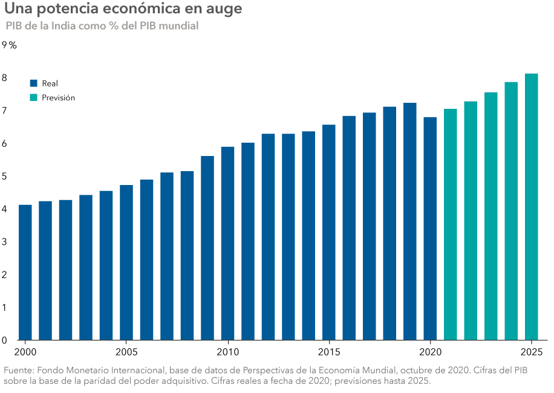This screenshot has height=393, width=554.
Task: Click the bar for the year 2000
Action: (x=25, y=272)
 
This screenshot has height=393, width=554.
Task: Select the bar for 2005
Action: (x=126, y=262)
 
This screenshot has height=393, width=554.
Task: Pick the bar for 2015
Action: (x=328, y=232)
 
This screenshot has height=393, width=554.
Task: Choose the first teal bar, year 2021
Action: (x=450, y=224)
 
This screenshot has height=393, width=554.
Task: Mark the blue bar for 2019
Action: (x=409, y=221)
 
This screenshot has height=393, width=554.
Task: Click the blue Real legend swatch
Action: (x=34, y=83)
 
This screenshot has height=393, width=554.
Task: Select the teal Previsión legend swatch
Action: (x=34, y=97)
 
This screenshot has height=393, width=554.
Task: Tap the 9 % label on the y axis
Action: (x=9, y=45)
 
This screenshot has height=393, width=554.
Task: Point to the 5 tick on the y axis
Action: (x=5, y=177)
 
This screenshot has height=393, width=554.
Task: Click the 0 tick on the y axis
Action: (x=5, y=340)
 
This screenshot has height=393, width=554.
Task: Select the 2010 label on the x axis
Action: (x=227, y=352)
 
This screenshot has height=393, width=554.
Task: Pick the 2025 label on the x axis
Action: (x=531, y=352)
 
